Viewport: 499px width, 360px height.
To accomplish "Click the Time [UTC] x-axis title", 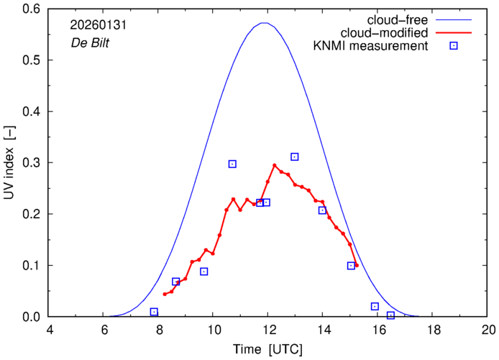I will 268,350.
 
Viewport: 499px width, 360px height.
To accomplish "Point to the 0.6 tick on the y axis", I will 32,9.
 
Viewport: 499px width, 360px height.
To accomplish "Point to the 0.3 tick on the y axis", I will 32,163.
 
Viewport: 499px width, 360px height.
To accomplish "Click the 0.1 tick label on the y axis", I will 32,266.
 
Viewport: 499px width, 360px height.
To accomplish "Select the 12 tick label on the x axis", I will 268,331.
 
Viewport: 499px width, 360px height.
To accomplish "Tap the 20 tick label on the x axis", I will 488,331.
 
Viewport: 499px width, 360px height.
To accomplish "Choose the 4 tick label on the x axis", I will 49,331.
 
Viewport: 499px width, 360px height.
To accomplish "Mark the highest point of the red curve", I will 275,165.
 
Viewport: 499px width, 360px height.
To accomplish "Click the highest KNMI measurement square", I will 295,157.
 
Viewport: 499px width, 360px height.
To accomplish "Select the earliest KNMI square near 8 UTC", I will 154,312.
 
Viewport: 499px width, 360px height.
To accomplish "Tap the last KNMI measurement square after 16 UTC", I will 390,315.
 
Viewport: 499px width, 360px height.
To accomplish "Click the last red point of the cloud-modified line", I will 357,265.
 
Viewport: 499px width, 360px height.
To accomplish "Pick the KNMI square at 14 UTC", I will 322,211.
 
